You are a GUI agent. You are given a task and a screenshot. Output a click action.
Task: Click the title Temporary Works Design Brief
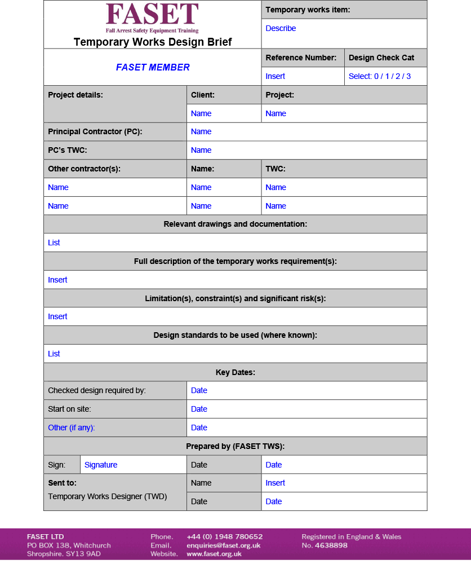pos(152,42)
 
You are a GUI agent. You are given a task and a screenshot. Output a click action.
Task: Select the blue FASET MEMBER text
pos(153,67)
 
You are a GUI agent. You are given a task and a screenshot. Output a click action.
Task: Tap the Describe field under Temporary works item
pos(281,28)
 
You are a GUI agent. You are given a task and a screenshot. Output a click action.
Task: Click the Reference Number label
pos(301,58)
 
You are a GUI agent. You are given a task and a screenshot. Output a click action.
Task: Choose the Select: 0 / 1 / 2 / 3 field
pos(379,76)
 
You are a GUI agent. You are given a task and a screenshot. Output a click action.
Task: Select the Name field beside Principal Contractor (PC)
pos(201,131)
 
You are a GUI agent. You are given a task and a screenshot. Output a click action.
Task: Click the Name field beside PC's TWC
pos(201,150)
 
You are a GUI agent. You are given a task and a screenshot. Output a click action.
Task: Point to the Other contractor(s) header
pos(84,169)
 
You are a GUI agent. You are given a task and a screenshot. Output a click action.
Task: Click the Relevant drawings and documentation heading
pos(235,224)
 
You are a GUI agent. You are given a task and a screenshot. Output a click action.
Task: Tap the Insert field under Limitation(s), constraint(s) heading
pos(57,316)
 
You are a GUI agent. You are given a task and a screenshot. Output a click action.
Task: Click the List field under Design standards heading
pos(54,354)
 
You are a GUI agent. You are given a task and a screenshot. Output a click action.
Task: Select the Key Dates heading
pos(235,372)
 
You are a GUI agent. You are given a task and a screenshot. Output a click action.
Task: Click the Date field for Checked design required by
pos(199,390)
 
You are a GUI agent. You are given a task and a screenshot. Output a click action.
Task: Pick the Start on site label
pos(69,409)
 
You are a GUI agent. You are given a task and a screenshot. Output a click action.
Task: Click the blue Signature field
pos(101,465)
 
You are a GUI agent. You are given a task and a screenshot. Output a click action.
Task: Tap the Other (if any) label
pos(72,428)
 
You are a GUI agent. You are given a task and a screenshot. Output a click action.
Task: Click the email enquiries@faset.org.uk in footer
pos(223,545)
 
